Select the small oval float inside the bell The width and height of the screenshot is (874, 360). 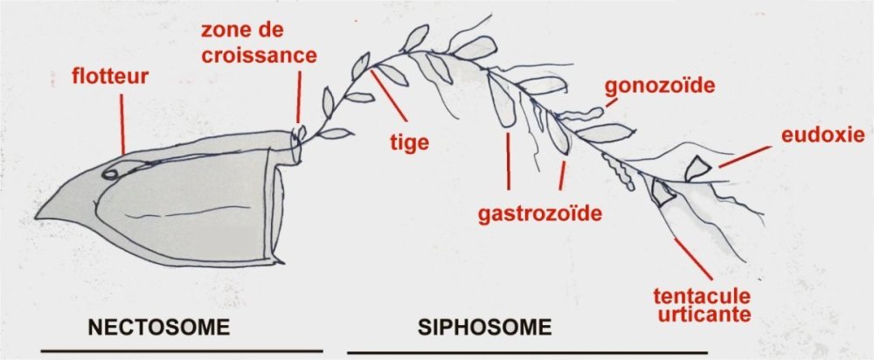111,173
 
